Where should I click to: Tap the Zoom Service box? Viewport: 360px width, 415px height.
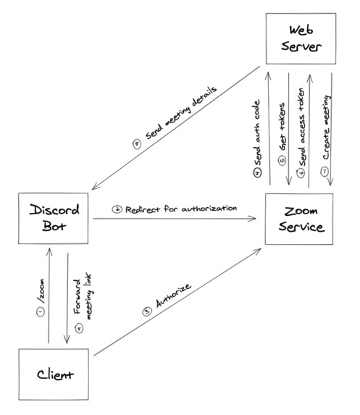pos(298,220)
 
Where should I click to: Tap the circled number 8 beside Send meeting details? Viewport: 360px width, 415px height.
pos(136,143)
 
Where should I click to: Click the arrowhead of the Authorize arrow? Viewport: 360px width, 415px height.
pos(259,249)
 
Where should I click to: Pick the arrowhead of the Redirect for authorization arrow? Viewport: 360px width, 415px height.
pos(257,219)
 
